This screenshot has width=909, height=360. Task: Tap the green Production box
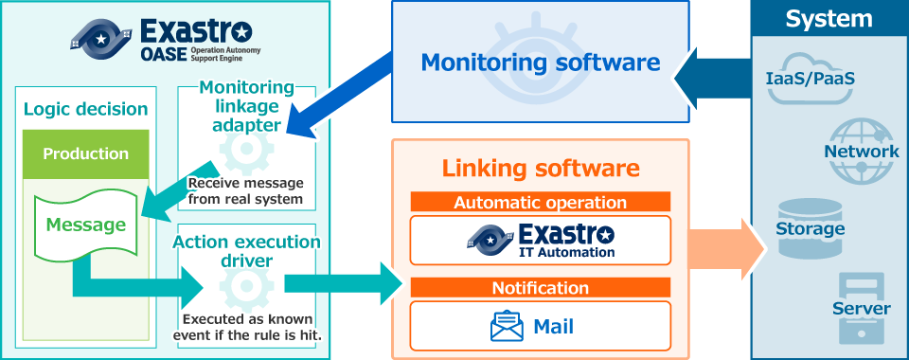[x=86, y=153]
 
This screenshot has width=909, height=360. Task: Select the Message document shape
[x=87, y=225]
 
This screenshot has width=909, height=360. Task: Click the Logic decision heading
[x=86, y=109]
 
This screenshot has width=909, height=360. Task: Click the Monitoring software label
[x=540, y=63]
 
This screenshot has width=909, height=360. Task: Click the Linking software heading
[x=541, y=170]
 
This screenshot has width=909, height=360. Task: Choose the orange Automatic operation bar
[x=541, y=202]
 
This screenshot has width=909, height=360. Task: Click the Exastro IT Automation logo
[x=541, y=241]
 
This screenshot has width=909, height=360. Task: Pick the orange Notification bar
[x=541, y=287]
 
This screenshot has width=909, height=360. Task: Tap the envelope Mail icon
[x=508, y=327]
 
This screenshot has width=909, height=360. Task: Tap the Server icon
[x=861, y=308]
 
